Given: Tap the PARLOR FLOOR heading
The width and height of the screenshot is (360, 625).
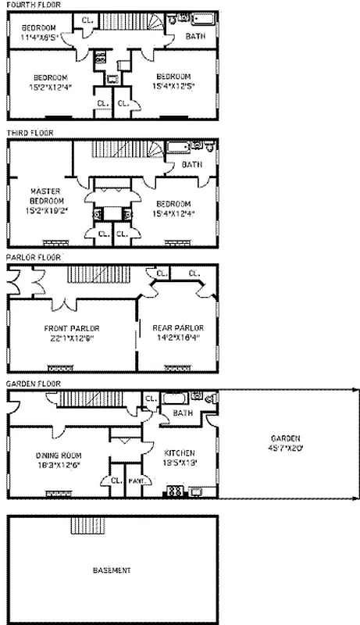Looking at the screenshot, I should point(31,256).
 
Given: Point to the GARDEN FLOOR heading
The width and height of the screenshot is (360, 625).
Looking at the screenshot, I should point(31,384).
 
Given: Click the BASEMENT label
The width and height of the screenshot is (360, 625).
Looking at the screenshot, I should point(112,570).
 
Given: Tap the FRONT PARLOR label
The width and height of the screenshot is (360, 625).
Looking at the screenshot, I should point(72,328).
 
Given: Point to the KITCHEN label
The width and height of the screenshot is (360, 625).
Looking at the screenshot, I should point(179,453).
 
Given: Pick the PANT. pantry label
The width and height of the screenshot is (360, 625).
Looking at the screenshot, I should point(134,481).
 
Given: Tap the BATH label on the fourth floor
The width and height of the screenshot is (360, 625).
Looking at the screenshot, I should point(196,37).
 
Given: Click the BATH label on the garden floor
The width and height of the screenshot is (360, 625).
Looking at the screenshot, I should point(183,412).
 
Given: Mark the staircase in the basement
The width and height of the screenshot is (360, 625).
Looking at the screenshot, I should point(83,525).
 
